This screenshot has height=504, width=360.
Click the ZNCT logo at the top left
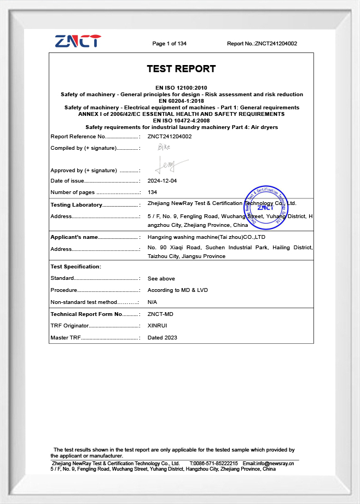pyautogui.click(x=78, y=41)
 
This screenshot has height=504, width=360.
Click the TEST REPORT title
pyautogui.click(x=181, y=69)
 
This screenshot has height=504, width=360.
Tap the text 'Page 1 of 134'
pyautogui.click(x=169, y=44)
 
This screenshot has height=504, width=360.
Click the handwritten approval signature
pyautogui.click(x=170, y=163)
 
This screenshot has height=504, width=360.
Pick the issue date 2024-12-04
pyautogui.click(x=162, y=181)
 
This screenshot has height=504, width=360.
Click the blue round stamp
pyautogui.click(x=265, y=207)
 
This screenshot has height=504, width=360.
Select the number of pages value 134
pyautogui.click(x=152, y=192)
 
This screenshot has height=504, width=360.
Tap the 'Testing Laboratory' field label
pyautogui.click(x=77, y=205)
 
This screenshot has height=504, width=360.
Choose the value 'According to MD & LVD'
pyautogui.click(x=178, y=290)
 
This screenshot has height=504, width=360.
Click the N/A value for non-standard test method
pyautogui.click(x=152, y=302)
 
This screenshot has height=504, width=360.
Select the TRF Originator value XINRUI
pyautogui.click(x=158, y=326)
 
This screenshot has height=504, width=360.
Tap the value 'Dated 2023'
pyautogui.click(x=162, y=338)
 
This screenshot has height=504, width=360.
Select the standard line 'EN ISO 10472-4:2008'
pyautogui.click(x=181, y=121)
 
